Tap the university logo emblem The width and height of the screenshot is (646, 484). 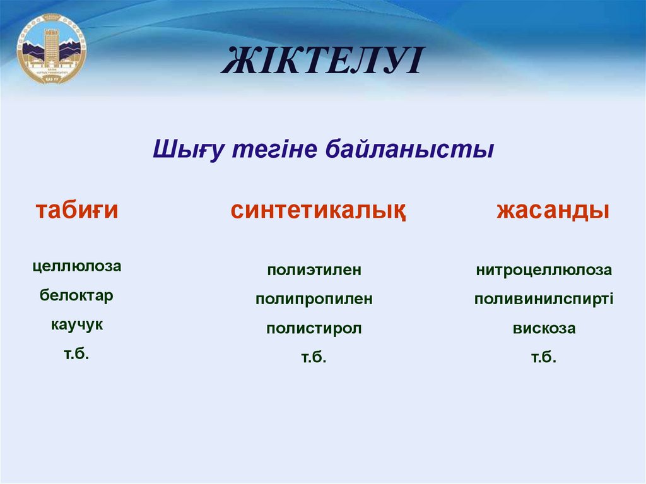click(52, 49)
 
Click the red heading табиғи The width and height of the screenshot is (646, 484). click(77, 210)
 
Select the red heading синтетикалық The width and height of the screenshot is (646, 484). click(318, 211)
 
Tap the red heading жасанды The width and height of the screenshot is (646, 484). click(553, 211)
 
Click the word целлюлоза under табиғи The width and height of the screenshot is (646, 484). click(77, 267)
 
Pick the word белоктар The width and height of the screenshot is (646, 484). click(77, 296)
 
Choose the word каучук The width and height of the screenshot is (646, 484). click(77, 326)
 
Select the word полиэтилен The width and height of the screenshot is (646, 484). click(314, 271)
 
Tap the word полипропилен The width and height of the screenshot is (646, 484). click(314, 300)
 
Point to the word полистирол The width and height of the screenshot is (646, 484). click(314, 329)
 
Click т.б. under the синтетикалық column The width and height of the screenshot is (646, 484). click(314, 358)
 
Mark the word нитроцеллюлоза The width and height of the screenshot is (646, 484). click(544, 271)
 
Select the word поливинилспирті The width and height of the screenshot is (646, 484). click(544, 300)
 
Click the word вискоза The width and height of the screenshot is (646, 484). click(544, 329)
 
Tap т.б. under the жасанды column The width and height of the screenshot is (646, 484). click(544, 358)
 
